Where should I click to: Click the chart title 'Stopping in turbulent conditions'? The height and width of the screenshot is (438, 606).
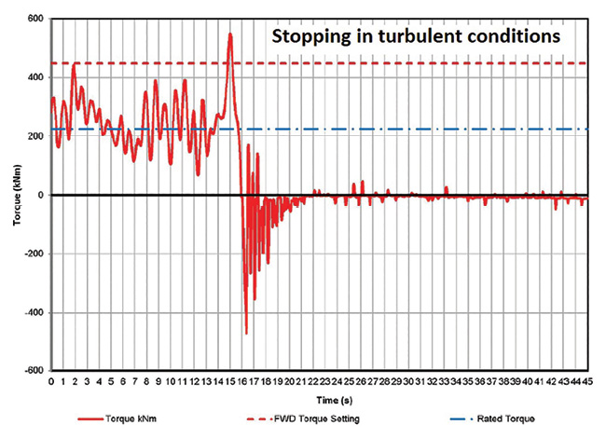[415, 38]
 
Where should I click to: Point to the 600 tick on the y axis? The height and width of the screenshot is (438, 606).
[34, 19]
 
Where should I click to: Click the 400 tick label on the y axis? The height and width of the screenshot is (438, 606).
[34, 77]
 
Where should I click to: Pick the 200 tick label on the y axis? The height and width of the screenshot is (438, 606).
[34, 136]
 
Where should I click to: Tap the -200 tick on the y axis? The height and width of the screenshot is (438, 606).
[33, 253]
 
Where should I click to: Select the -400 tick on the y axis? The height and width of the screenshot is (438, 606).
[33, 312]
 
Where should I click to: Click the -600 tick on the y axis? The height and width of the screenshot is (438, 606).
[33, 371]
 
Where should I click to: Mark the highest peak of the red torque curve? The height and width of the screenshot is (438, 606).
[229, 34]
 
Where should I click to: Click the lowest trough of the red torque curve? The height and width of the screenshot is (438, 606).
[246, 333]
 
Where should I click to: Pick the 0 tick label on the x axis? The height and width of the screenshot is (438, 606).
[51, 382]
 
